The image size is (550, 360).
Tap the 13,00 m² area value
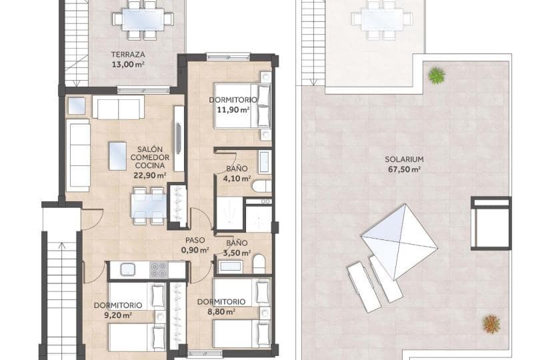click(x=129, y=65)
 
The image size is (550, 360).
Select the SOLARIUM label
click(x=405, y=159)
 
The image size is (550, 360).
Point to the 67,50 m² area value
click(x=405, y=169)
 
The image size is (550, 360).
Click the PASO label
click(x=195, y=240)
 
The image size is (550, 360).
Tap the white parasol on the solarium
click(x=398, y=240)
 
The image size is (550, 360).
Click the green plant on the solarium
click(x=437, y=75)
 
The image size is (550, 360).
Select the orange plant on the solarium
click(x=491, y=324)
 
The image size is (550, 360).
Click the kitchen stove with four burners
click(x=158, y=269)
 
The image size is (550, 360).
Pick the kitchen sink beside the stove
click(x=125, y=269)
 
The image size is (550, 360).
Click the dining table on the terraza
click(x=143, y=19)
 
